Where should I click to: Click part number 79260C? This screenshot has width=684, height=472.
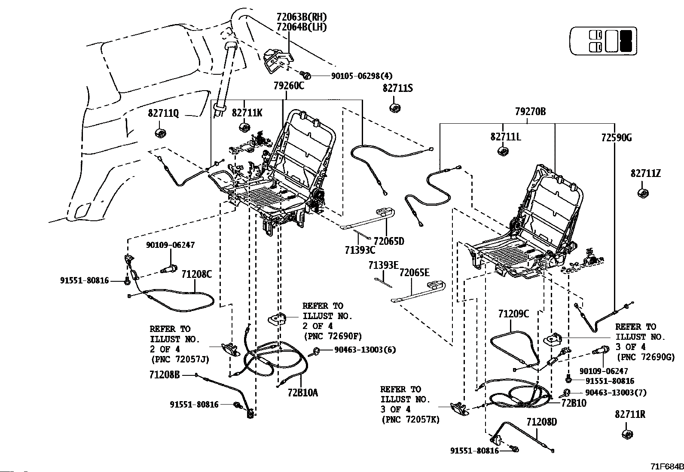tap(289, 86)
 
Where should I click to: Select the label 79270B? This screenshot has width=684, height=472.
tap(530, 112)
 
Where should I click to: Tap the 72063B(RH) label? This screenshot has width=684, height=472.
tap(301, 17)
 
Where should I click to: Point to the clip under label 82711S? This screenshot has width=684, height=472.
tap(395, 108)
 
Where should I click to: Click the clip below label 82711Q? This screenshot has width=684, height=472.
tap(161, 133)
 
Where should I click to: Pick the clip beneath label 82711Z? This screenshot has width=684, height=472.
tap(643, 193)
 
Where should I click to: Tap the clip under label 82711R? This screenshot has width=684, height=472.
tap(628, 435)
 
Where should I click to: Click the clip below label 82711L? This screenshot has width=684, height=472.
tap(503, 151)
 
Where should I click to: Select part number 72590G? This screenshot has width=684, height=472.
tap(616, 138)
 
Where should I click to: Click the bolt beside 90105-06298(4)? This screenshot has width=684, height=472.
tap(304, 74)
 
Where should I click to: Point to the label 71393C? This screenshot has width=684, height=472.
tap(360, 250)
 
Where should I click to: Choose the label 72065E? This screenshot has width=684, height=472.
tap(414, 273)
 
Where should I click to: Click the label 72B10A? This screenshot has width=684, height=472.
tap(302, 393)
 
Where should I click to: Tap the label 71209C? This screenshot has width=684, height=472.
tap(513, 314)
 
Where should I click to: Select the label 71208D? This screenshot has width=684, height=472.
tap(541, 422)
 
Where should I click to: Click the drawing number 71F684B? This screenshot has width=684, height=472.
tap(667, 466)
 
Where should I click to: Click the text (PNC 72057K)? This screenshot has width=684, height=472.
tap(410, 420)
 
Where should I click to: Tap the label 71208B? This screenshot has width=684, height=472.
tap(165, 375)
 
